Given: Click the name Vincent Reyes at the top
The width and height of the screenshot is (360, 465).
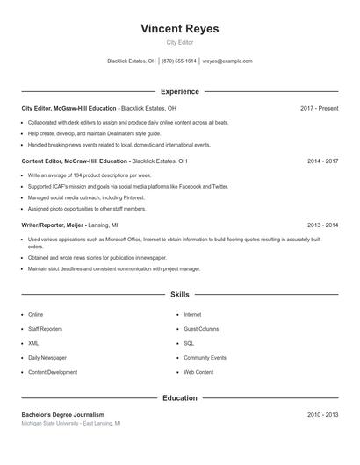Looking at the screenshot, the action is pos(179,29).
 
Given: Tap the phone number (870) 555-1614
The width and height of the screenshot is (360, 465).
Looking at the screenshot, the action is pos(179,61).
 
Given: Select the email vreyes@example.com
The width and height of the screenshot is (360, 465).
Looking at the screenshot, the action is pos(227,61).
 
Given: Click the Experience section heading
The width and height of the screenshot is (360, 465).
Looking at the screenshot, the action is pos(179,91).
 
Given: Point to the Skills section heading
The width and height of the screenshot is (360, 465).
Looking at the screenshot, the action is pos(179,295).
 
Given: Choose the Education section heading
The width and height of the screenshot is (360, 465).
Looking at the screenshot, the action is pos(179,398).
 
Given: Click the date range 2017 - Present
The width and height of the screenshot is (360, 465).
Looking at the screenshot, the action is pos(319,108).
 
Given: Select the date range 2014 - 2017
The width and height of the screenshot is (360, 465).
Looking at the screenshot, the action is pos(322,161).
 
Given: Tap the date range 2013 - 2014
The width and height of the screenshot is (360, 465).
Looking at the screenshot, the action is pos(322,225).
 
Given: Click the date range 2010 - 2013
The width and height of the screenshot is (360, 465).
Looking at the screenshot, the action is pos(322,414).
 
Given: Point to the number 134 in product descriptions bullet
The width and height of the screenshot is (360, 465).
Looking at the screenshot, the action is pos(70,175).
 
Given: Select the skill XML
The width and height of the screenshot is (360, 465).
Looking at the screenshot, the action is pos(33,343).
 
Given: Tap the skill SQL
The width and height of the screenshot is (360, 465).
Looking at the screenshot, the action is pos(189,343).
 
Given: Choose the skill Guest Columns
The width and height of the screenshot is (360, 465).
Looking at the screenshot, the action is pos(201,329).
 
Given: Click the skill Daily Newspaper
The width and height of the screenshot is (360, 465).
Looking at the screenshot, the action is pos(47,358).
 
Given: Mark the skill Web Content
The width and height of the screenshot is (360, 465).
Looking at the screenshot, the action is pos(198,372).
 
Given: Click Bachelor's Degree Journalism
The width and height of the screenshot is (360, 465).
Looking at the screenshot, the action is pos(62,414).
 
